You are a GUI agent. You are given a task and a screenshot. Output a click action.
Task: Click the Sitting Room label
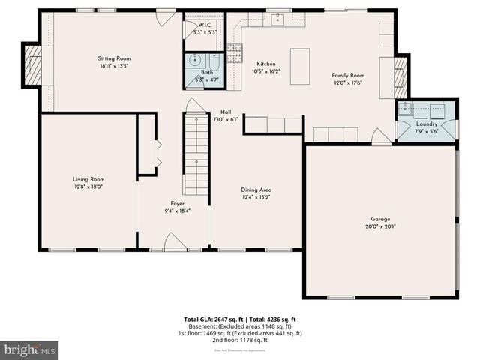[x=114, y=58]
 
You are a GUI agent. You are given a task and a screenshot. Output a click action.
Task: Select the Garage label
[x=380, y=218]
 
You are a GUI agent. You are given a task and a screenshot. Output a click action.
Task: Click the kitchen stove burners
[x=235, y=52]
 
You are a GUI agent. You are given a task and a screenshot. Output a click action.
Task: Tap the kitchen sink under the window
[x=277, y=20]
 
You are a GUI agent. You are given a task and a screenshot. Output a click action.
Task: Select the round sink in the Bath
[x=194, y=62]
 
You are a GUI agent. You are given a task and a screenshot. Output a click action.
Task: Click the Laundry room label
[x=427, y=124]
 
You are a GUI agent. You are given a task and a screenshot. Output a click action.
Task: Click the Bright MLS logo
[x=29, y=349]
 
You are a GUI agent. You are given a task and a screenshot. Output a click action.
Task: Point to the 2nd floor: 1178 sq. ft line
[x=240, y=340]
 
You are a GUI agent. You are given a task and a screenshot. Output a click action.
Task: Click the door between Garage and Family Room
[x=381, y=137]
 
